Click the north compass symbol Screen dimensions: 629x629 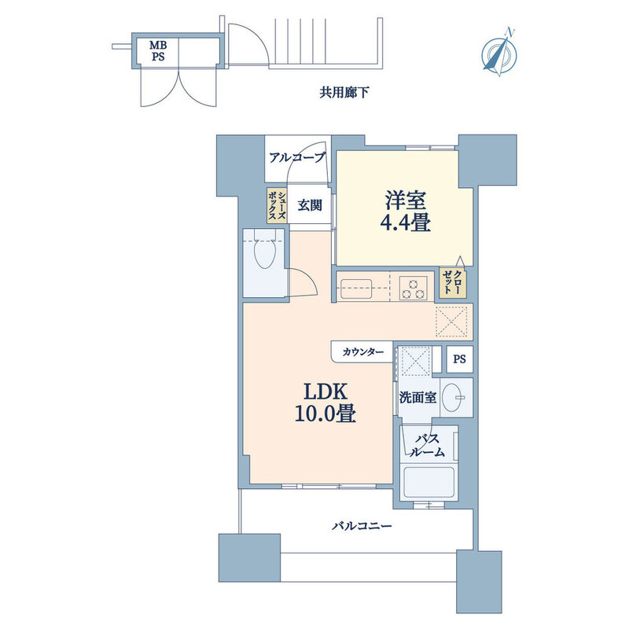click(x=499, y=53)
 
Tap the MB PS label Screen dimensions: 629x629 click(x=158, y=50)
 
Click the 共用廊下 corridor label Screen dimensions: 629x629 click(x=344, y=93)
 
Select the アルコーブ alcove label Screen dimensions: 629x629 click(x=297, y=157)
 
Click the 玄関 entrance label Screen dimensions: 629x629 click(x=310, y=205)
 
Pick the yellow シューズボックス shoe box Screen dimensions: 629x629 click(x=277, y=205)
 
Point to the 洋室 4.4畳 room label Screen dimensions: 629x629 click(x=405, y=212)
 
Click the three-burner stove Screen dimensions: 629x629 click(x=414, y=288)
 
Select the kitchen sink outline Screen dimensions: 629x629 click(x=356, y=289)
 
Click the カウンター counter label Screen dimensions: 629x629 click(x=363, y=352)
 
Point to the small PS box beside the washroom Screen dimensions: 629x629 click(x=460, y=359)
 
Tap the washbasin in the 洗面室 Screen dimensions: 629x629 click(x=456, y=397)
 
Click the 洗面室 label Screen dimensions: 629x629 click(x=417, y=398)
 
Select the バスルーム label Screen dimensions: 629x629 click(x=427, y=445)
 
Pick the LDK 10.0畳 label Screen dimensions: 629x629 click(x=326, y=403)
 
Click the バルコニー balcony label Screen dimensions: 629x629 click(x=362, y=526)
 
